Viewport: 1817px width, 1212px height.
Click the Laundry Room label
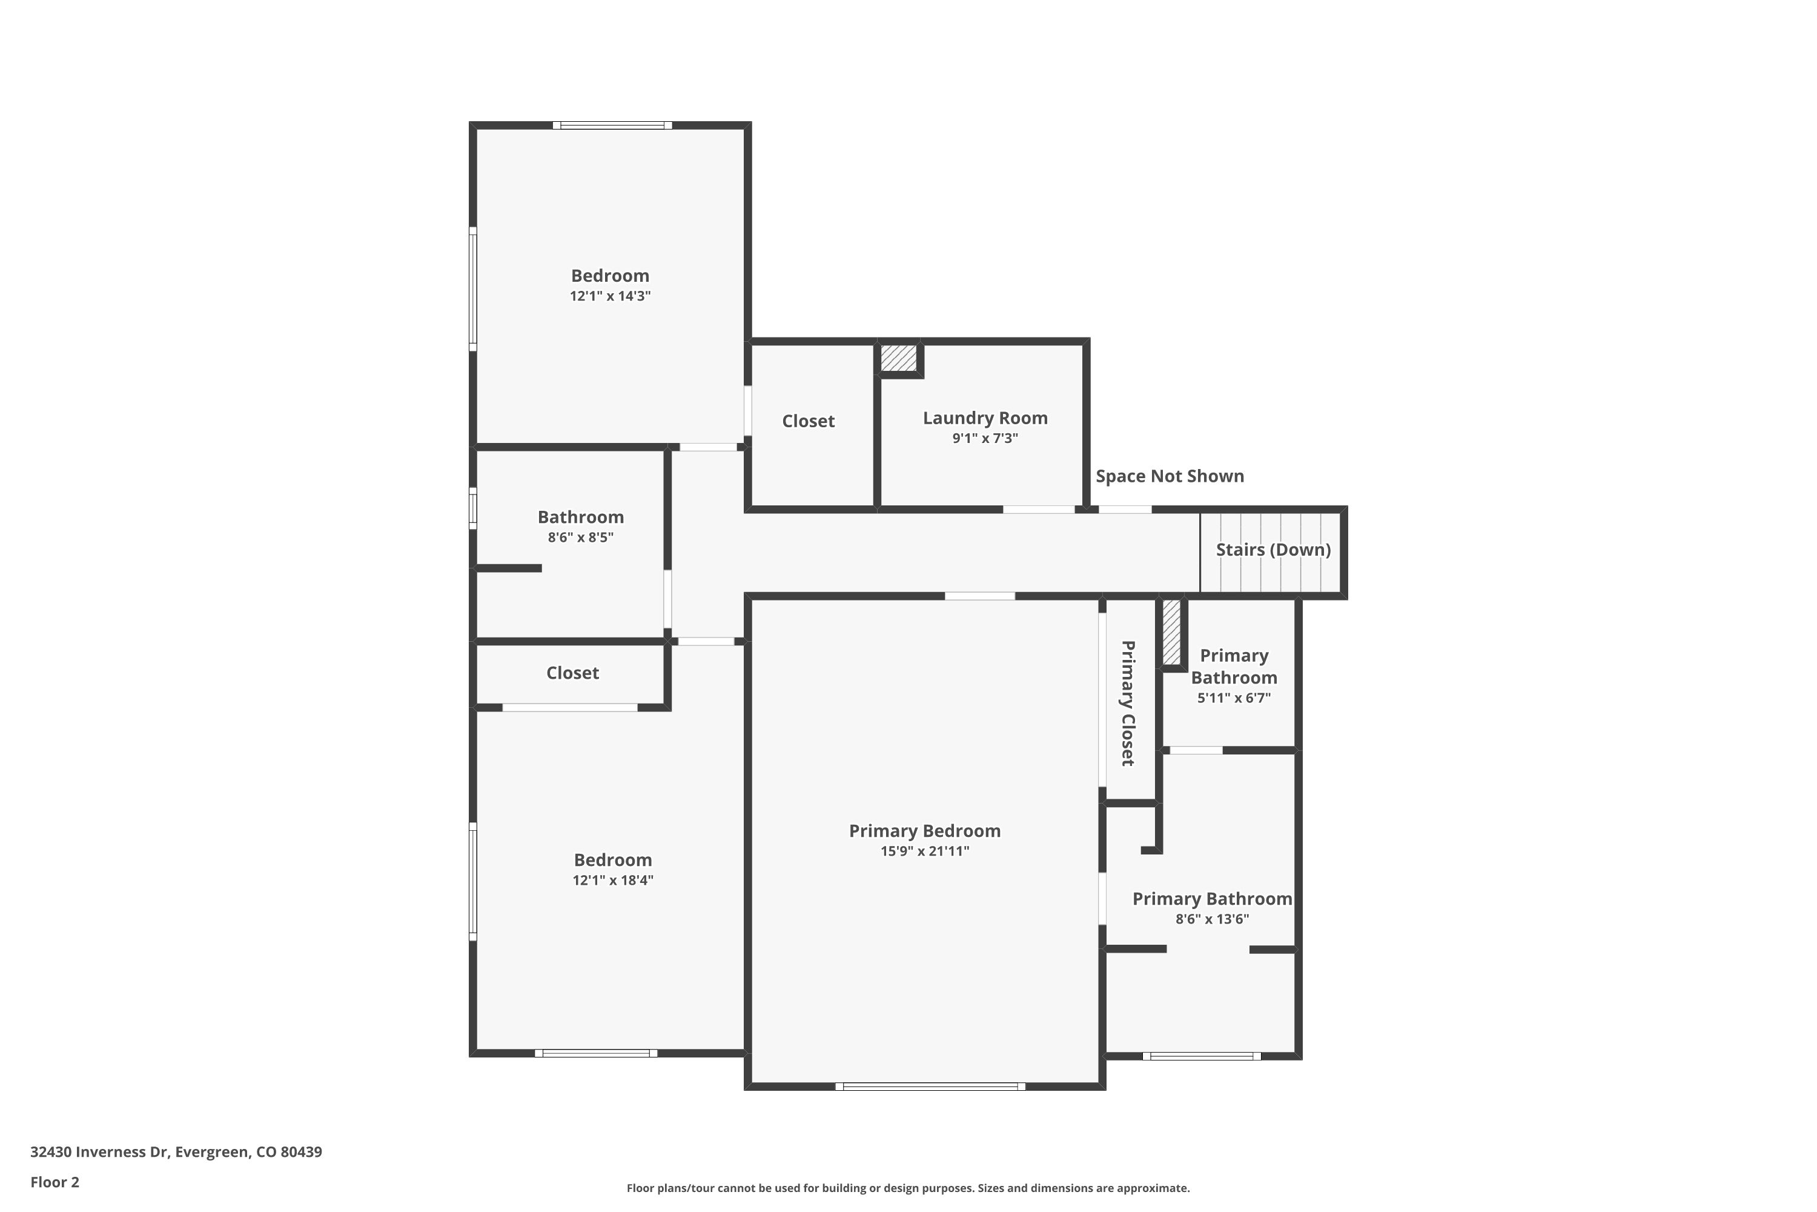(985, 418)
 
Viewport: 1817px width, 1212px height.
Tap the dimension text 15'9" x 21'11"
(925, 851)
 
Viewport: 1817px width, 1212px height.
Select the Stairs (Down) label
(1273, 550)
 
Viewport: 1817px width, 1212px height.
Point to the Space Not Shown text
(1170, 476)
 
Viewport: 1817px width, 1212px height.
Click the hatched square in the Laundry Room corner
(898, 358)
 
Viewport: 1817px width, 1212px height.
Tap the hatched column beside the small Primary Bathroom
(1171, 632)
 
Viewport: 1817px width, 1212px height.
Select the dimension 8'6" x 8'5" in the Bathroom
(580, 537)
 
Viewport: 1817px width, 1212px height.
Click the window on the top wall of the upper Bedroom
(612, 125)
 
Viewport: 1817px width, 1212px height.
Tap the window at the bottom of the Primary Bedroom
(930, 1086)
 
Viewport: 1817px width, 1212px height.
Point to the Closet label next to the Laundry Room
(808, 421)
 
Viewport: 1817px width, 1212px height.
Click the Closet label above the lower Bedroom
(572, 673)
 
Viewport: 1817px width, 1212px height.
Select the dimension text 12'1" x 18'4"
(612, 880)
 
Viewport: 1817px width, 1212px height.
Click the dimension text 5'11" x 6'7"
(1234, 698)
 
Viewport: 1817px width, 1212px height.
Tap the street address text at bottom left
(176, 1152)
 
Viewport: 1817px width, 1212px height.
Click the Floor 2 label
(55, 1182)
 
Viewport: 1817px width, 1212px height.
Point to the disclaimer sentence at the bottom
(908, 1188)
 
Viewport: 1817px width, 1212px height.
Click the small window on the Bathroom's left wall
(473, 508)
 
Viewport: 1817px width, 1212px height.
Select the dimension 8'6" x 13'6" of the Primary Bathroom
(1212, 919)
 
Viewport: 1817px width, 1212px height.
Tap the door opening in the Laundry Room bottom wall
(1038, 510)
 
